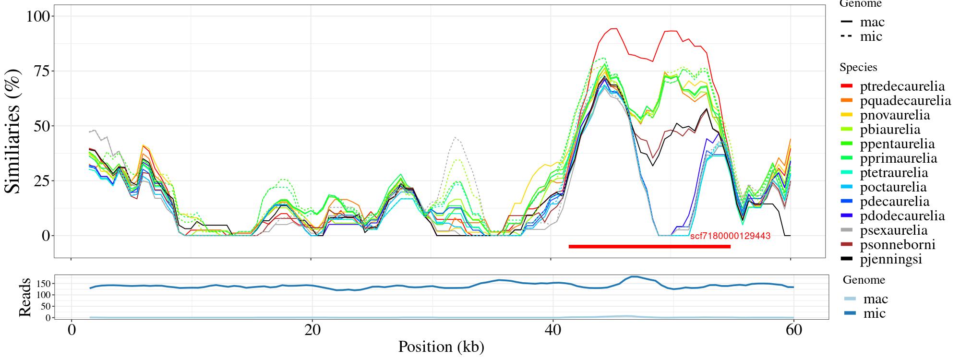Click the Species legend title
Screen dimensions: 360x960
[858, 68]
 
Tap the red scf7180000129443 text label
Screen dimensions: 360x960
[730, 236]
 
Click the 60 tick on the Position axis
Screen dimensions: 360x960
[794, 331]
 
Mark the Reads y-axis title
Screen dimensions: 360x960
[24, 298]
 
